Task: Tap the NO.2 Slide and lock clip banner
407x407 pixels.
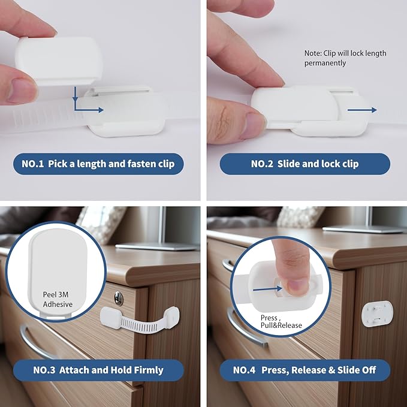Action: [305, 164]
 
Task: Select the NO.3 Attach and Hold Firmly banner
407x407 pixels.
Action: [99, 370]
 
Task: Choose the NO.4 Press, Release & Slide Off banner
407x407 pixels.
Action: [305, 370]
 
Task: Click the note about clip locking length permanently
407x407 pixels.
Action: [345, 58]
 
